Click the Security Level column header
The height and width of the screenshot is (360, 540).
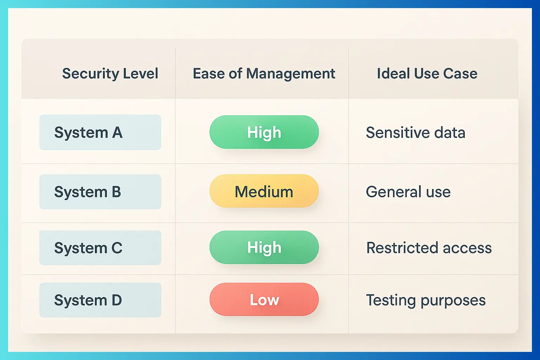110,74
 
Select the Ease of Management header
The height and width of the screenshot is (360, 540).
264,74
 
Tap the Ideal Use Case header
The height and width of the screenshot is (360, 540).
427,74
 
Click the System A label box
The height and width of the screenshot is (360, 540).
100,133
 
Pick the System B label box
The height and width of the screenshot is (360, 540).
100,192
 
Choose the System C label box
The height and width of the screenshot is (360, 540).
100,248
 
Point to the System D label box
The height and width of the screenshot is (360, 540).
100,300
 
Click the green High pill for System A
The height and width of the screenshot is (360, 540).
264,132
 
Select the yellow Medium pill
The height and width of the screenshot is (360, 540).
264,191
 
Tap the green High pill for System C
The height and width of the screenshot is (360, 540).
264,247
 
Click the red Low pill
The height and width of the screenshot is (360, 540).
264,300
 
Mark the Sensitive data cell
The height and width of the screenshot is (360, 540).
416,133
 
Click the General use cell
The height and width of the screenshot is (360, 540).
408,192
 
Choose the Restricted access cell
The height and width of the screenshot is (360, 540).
429,248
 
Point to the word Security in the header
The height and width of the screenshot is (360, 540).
86,74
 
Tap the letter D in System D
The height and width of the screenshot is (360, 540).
117,300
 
